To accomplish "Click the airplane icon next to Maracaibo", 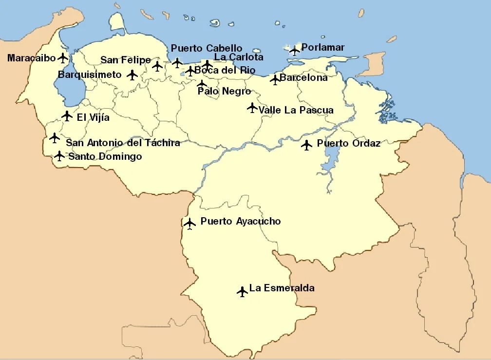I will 62,58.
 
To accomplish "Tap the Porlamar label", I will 322,47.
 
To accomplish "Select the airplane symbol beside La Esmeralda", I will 242,291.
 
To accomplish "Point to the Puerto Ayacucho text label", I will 241,221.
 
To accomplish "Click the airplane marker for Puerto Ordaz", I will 306,145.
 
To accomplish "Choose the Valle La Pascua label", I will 296,110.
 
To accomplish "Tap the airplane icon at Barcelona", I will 275,79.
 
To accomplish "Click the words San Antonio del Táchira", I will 123,143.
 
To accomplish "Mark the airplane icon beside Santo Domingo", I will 59,156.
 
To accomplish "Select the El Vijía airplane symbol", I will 67,116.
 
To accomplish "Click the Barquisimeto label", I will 90,75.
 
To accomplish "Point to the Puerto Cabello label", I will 207,48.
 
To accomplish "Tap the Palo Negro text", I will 224,91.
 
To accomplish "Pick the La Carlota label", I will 239,57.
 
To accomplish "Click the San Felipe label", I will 126,60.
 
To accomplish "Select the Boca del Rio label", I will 225,70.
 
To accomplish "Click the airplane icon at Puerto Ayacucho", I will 189,224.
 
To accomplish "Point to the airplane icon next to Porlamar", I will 294,50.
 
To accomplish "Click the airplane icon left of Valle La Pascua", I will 252,107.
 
